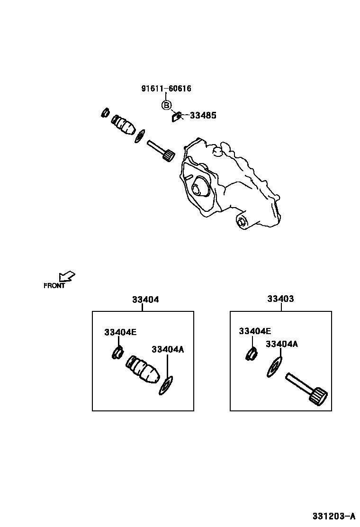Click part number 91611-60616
pyautogui.click(x=166, y=89)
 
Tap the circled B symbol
pyautogui.click(x=166, y=105)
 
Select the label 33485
pyautogui.click(x=203, y=115)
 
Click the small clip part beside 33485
pyautogui.click(x=176, y=116)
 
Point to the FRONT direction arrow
pyautogui.click(x=67, y=276)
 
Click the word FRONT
pyautogui.click(x=54, y=286)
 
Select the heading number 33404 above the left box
pyautogui.click(x=145, y=300)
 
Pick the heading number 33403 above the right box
pyautogui.click(x=280, y=299)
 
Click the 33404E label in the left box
pyautogui.click(x=120, y=332)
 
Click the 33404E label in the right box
pyautogui.click(x=255, y=331)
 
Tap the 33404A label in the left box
pyautogui.click(x=167, y=349)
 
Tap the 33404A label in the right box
pyautogui.click(x=282, y=344)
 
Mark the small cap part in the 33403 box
pyautogui.click(x=250, y=354)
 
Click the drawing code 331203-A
pyautogui.click(x=333, y=516)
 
